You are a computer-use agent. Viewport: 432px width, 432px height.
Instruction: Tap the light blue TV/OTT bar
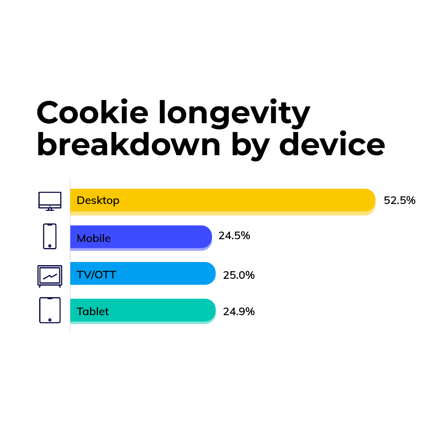[x=143, y=273]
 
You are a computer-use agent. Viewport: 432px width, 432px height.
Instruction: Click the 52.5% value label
[x=400, y=200]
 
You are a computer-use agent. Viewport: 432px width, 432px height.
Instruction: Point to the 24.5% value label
[x=234, y=236]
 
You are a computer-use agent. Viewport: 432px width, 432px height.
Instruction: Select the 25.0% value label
[x=238, y=275]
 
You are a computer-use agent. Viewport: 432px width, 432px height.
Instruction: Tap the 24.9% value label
[x=238, y=312]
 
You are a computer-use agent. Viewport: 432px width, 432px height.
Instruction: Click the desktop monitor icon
[x=50, y=201]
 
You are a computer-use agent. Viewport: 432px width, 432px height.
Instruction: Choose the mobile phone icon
[x=50, y=236]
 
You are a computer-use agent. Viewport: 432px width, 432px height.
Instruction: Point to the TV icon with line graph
[x=50, y=276]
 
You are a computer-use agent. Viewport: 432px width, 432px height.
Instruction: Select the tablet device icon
[x=50, y=310]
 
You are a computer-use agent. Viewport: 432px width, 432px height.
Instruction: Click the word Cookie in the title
[x=92, y=112]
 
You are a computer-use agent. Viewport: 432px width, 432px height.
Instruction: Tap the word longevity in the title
[x=234, y=114]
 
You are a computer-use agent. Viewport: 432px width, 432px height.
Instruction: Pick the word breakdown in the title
[x=129, y=144]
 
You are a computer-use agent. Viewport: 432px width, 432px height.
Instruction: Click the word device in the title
[x=332, y=144]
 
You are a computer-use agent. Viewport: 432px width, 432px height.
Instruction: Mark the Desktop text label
[x=98, y=200]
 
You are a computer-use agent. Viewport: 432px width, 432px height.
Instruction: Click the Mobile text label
[x=94, y=238]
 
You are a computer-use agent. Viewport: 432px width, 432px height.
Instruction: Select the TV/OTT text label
[x=96, y=275]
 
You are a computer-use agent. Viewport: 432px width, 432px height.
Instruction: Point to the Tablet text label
[x=92, y=311]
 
